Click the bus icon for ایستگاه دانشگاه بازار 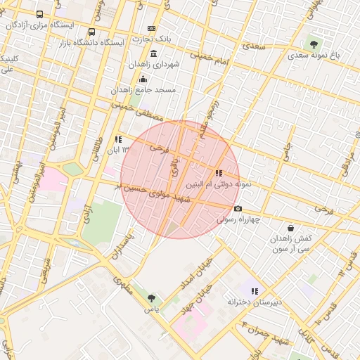pos(92,32)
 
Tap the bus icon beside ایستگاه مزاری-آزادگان pos(39,14)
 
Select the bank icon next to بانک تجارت pos(151,27)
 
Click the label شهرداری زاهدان pos(154,64)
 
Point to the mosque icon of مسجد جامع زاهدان pos(143,79)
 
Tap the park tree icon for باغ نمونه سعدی pos(314,44)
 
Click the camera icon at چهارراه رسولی pos(238,208)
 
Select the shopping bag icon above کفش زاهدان pos(290,229)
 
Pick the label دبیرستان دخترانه pos(254,302)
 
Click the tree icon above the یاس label pos(151,298)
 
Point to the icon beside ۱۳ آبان pos(117,139)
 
